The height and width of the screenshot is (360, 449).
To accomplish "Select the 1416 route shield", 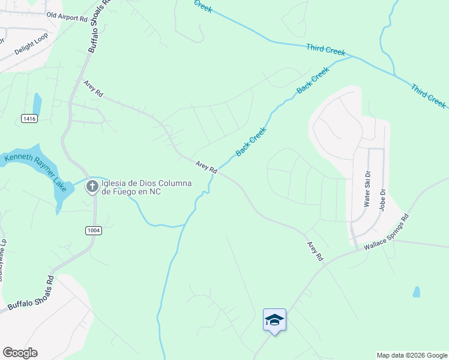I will pyautogui.click(x=29, y=119).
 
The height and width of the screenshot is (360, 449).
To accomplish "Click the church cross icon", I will pyautogui.click(x=92, y=187).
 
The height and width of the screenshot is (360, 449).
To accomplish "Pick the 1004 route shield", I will pyautogui.click(x=94, y=230).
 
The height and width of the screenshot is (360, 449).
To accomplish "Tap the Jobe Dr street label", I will pyautogui.click(x=382, y=199).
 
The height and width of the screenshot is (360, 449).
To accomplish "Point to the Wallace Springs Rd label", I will pyautogui.click(x=386, y=232).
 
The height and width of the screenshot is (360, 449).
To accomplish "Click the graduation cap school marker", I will pyautogui.click(x=274, y=319).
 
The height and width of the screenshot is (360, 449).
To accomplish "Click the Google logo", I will pyautogui.click(x=20, y=353).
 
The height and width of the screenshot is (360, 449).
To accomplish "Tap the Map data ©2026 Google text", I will pyautogui.click(x=411, y=355).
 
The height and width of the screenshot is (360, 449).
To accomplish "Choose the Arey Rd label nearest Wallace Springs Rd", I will pyautogui.click(x=315, y=251).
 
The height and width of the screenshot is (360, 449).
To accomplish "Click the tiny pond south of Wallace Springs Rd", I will pyautogui.click(x=417, y=292).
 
